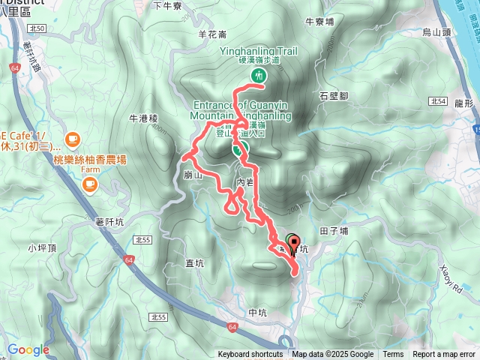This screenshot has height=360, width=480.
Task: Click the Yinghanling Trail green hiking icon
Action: [259, 75]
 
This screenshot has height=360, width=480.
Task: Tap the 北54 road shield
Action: [439, 100]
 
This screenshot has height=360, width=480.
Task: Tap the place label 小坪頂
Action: [42, 247]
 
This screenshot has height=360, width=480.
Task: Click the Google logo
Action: [28, 349]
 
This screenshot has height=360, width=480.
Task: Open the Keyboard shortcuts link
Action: [250, 355]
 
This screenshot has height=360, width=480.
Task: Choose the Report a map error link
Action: [445, 355]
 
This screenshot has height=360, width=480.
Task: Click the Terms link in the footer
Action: [393, 355]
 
